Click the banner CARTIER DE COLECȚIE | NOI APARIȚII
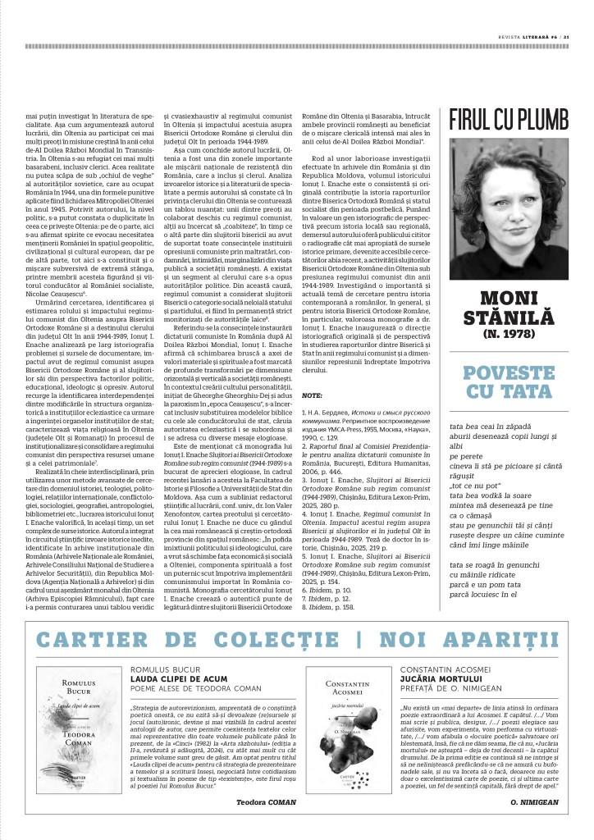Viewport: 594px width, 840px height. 297,640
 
